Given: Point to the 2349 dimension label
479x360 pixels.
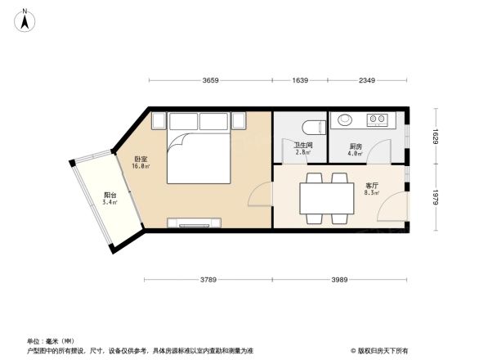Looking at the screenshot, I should point(366,80).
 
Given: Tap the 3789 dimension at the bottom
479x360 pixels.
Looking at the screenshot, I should point(208,281).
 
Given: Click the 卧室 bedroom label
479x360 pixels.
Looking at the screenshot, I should point(141,159).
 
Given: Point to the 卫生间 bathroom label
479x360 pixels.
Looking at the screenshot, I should point(302,146).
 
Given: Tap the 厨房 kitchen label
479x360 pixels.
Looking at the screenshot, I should point(355,146).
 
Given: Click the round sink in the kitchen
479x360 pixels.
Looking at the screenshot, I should point(345,119).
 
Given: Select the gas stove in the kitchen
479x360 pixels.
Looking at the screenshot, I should point(377,119).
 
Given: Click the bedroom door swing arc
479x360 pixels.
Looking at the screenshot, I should point(258,196).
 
